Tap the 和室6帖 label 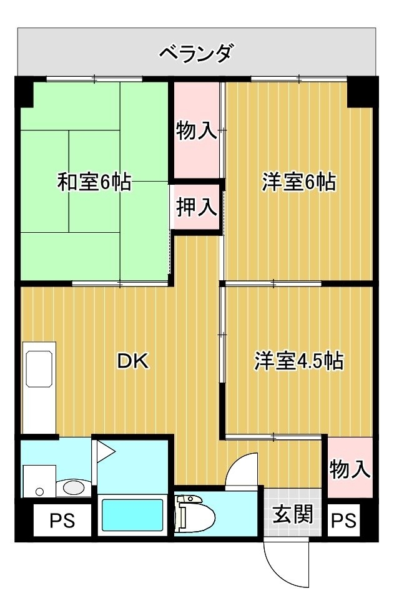[94, 182]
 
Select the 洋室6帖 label [299, 182]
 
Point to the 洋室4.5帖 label [299, 361]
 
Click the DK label [134, 361]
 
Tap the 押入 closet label [196, 207]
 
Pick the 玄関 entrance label [293, 514]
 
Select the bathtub [132, 515]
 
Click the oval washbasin [74, 488]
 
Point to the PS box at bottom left [62, 521]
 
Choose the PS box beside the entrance [343, 521]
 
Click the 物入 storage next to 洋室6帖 [196, 130]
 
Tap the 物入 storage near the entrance [350, 468]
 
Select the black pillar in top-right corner [362, 92]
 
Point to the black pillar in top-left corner [24, 92]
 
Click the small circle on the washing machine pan [39, 491]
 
